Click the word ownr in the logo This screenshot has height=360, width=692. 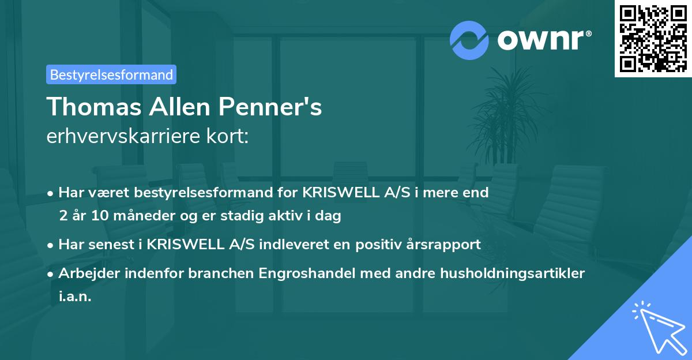pyautogui.click(x=540, y=39)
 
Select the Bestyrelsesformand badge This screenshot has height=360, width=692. pyautogui.click(x=111, y=74)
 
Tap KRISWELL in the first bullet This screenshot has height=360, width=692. pyautogui.click(x=334, y=192)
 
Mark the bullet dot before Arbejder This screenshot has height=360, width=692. pyautogui.click(x=51, y=273)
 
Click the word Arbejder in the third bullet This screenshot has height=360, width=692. pyautogui.click(x=88, y=273)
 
